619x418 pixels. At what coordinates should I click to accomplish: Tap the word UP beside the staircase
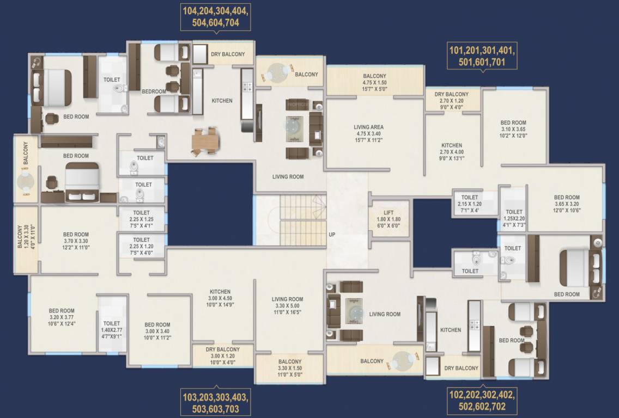(332, 235)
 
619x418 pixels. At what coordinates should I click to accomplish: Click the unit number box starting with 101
(482, 56)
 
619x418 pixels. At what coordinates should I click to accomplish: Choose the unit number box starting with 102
(482, 400)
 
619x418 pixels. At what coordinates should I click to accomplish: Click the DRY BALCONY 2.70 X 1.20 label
(451, 101)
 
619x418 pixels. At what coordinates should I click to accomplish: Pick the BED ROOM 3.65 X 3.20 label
(567, 204)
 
